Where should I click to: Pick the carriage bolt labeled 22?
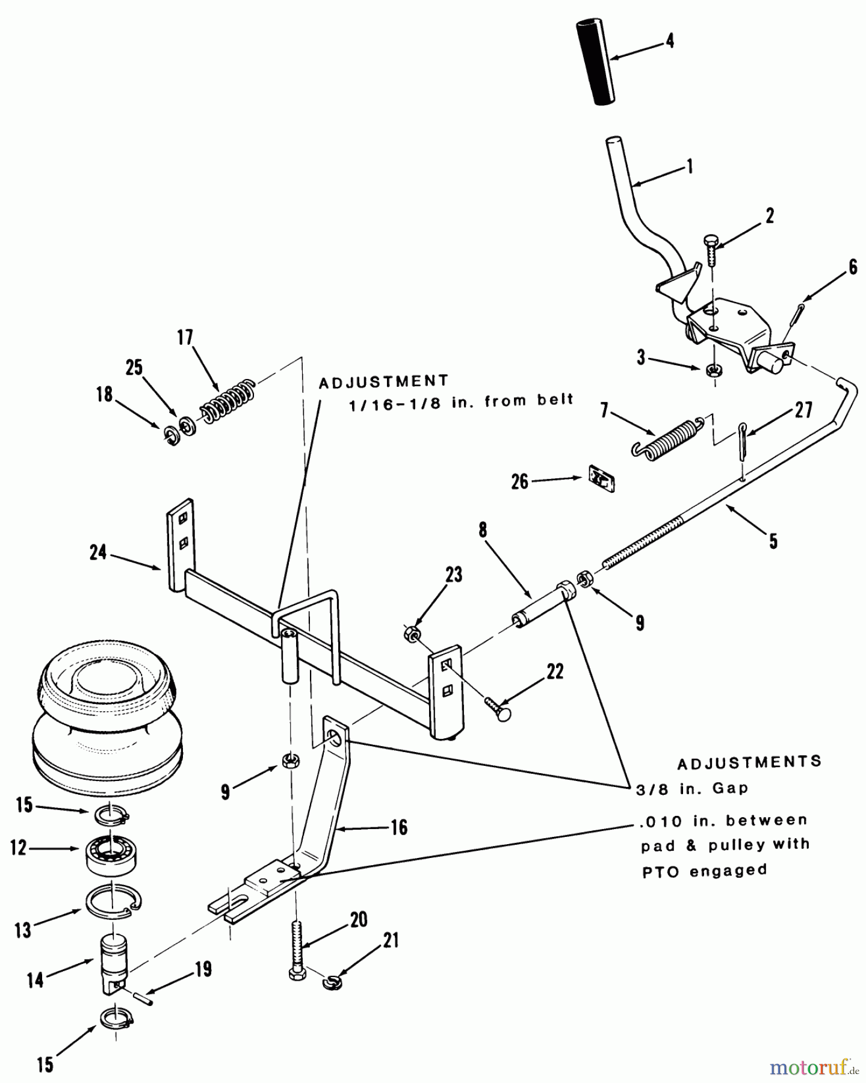click(498, 708)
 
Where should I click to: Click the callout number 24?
click(98, 552)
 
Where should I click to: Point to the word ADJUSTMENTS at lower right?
click(749, 762)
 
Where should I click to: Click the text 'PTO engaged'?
click(704, 871)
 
